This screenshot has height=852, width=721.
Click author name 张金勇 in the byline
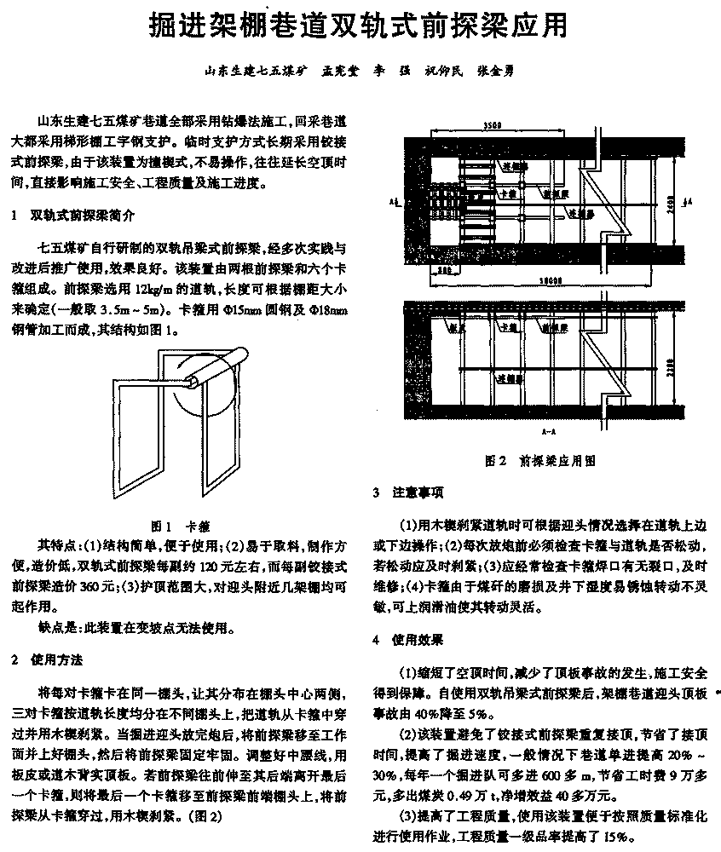coord(494,72)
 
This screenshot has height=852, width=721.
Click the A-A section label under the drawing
coord(550,433)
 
